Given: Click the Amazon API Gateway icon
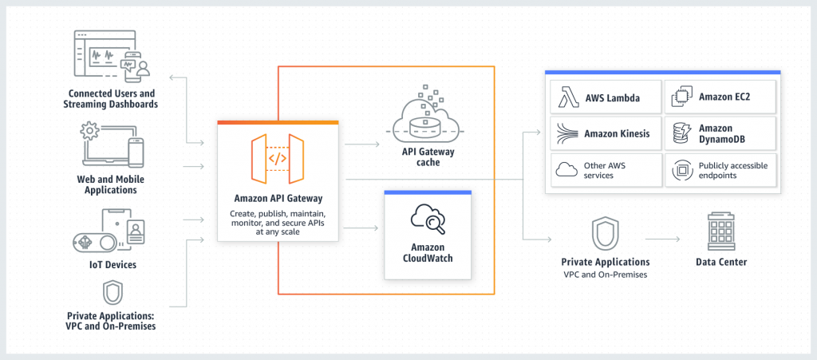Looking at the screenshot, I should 278,158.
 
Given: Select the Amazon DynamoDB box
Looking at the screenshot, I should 720,134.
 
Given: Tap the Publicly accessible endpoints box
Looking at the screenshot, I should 720,170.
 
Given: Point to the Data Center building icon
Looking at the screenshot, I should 720,231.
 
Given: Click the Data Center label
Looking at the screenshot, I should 720,262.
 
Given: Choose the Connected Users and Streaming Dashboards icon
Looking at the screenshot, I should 112,57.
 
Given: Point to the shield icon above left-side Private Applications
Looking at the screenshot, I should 112,291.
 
